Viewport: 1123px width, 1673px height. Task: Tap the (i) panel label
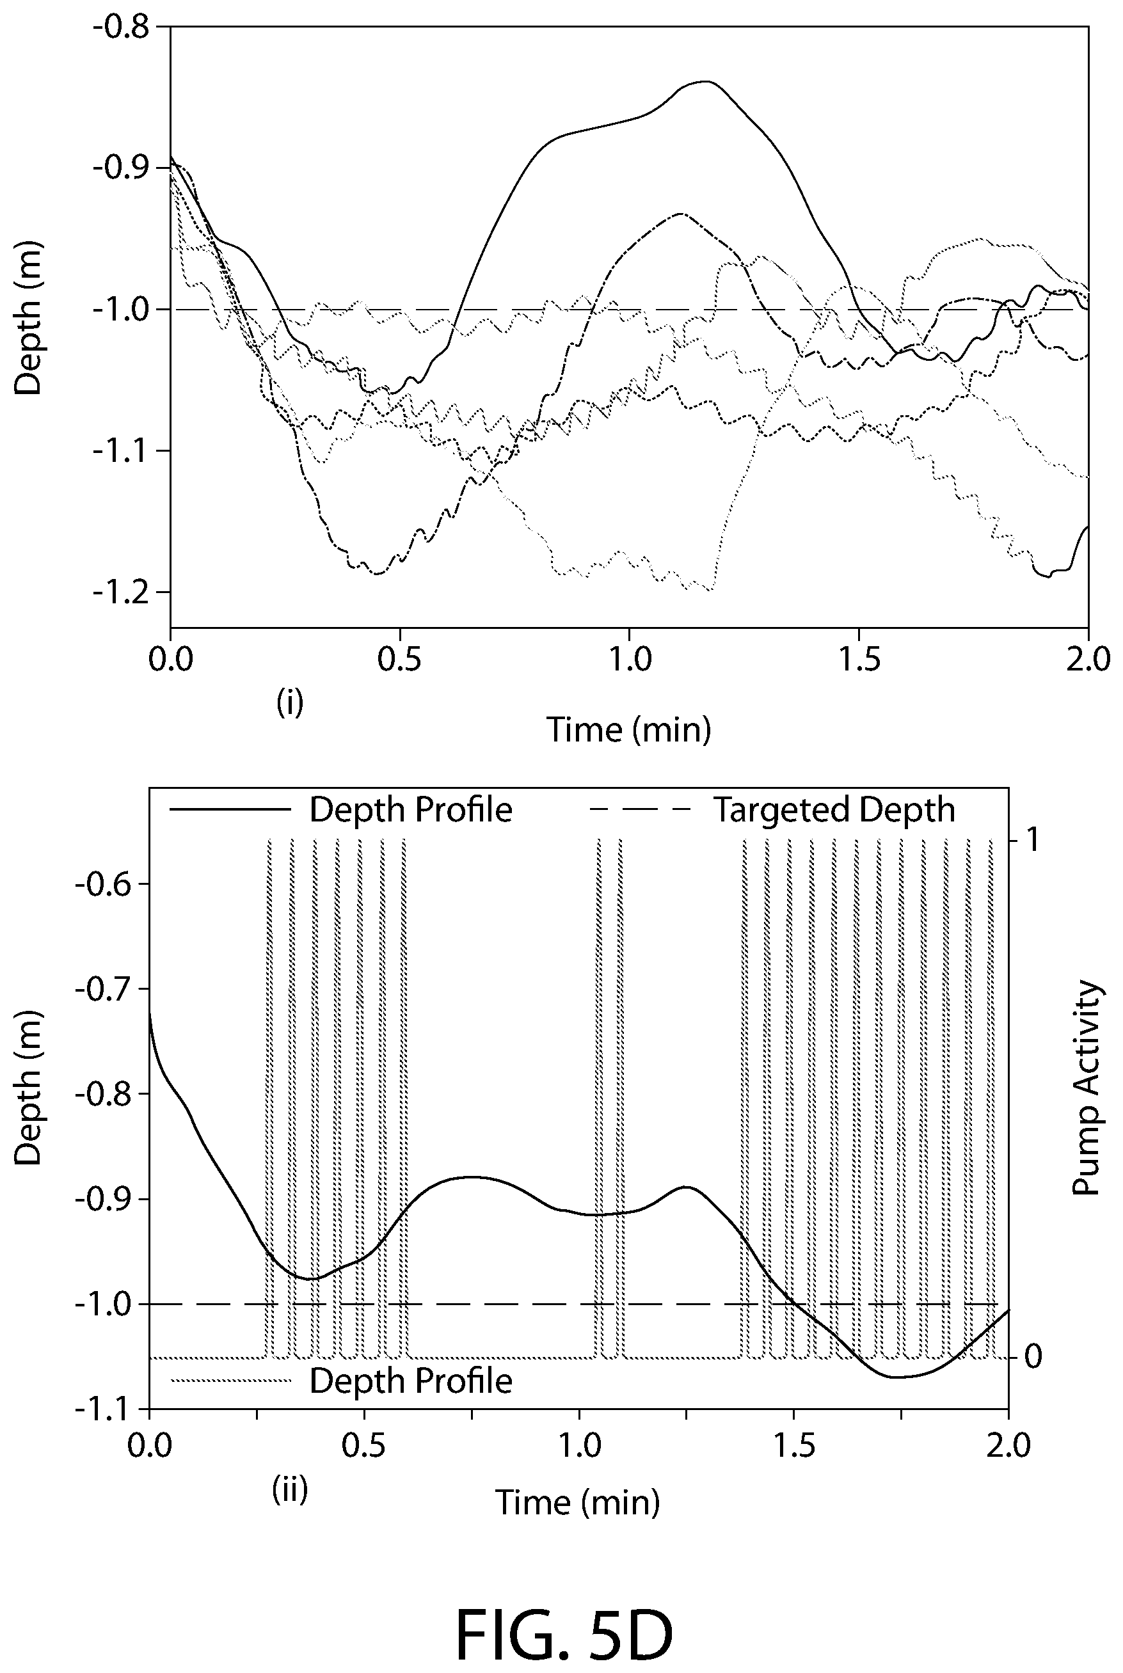(290, 704)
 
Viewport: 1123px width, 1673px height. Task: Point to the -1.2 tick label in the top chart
(120, 592)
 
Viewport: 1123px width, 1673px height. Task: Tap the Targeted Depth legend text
(834, 811)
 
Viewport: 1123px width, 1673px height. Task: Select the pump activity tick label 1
(1031, 840)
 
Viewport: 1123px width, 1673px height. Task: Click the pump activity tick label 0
(1032, 1355)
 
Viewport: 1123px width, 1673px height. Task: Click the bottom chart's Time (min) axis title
(578, 1503)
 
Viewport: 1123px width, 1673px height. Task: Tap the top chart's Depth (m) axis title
(29, 318)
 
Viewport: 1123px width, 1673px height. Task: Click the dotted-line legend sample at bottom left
(230, 1381)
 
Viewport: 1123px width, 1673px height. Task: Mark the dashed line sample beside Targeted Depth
(639, 811)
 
